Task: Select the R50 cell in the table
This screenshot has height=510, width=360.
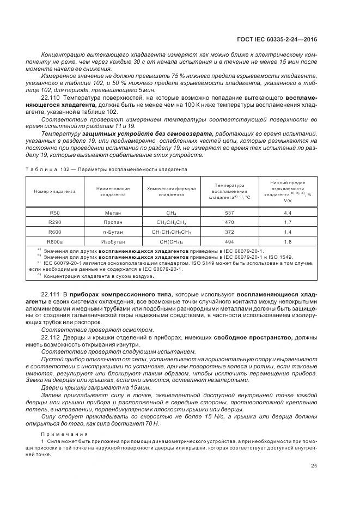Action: pos(54,213)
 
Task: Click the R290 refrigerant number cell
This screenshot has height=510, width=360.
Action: pos(54,222)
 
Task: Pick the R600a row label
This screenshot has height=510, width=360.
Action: pos(54,240)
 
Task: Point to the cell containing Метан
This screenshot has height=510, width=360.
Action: pos(113,213)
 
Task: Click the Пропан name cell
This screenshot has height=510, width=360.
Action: pos(113,222)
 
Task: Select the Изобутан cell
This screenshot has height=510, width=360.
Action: pos(113,240)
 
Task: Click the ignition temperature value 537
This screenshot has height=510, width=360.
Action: pos(229,213)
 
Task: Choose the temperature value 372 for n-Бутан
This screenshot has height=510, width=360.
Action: pos(229,232)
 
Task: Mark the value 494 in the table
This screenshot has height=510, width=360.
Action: pos(229,240)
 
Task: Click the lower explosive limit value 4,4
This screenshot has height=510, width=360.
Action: pos(288,213)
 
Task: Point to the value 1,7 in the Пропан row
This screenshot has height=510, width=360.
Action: pos(288,222)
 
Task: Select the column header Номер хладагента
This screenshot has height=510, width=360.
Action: pos(54,191)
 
